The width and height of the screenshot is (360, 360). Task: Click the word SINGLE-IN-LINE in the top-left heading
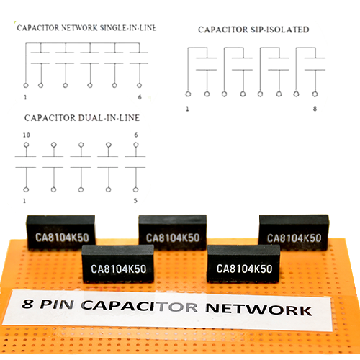[128, 28]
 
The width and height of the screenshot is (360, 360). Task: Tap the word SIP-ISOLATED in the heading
[279, 30]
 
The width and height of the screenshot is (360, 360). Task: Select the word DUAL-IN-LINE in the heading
[109, 118]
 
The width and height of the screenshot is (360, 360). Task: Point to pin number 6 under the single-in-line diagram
[140, 97]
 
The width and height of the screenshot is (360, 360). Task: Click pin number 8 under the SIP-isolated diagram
[315, 109]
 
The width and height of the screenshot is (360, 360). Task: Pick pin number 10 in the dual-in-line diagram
[27, 135]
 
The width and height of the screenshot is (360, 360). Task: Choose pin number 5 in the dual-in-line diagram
[135, 201]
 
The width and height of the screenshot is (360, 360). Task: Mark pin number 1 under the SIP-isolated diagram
[187, 109]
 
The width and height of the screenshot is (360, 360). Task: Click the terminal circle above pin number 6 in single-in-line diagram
[139, 85]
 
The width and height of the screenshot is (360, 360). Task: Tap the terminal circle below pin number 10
[27, 145]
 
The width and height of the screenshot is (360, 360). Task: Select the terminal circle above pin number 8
[315, 94]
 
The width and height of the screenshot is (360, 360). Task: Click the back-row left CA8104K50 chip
[61, 233]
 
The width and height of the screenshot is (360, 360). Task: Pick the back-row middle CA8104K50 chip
[173, 233]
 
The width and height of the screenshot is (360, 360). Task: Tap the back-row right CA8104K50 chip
[294, 233]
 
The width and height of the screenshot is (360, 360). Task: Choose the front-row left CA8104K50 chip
[118, 264]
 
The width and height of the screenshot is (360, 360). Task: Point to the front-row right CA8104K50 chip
[243, 264]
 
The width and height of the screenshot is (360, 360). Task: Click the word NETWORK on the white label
[259, 310]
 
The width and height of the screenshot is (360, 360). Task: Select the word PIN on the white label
[57, 305]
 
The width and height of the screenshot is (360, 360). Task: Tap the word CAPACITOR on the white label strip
[140, 306]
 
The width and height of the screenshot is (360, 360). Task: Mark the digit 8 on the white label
[27, 304]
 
